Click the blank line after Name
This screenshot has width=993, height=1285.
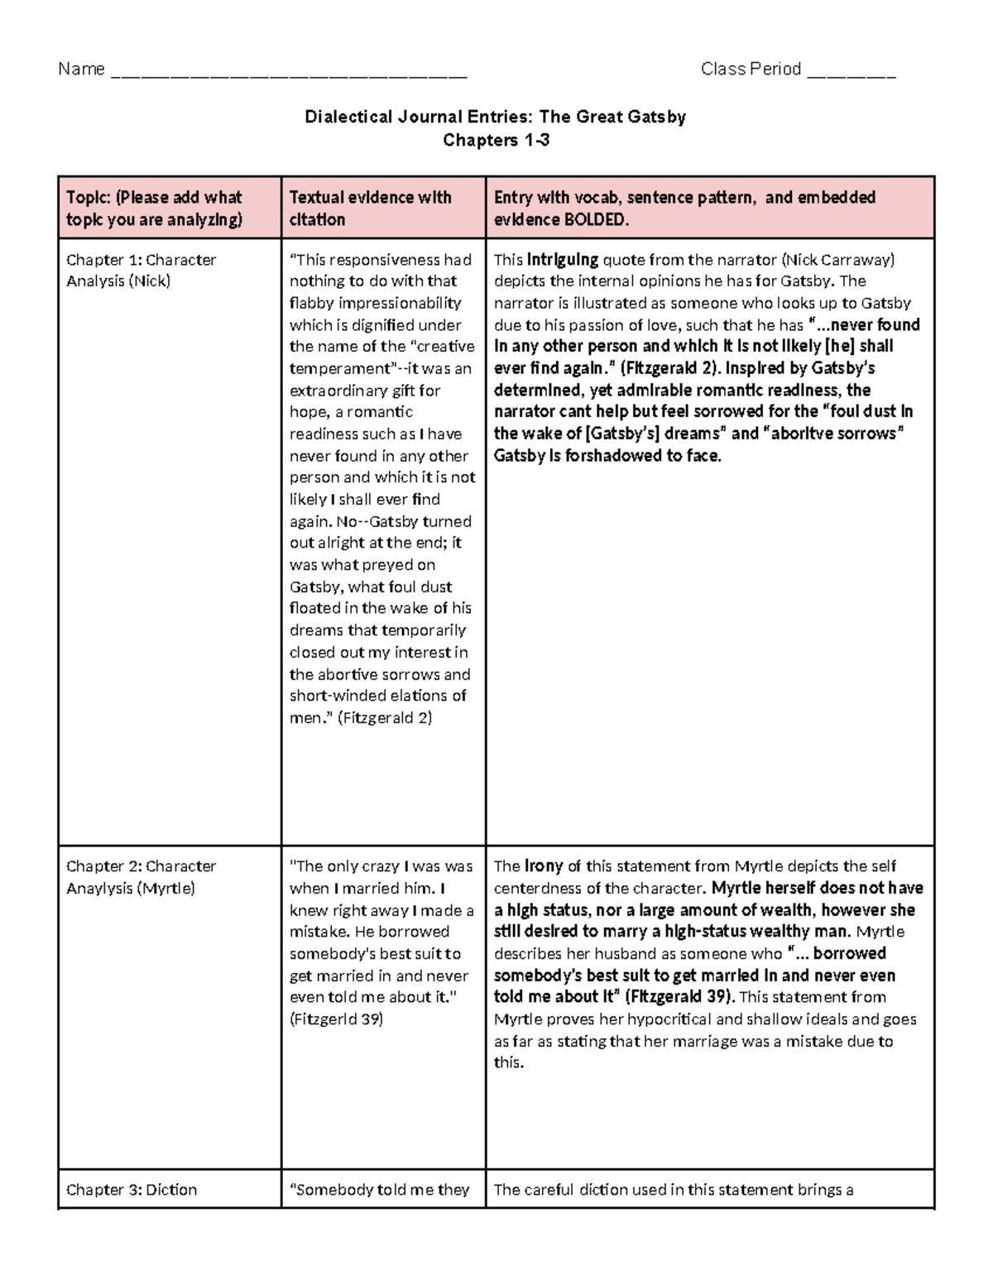[288, 73]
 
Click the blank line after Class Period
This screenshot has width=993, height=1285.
[851, 73]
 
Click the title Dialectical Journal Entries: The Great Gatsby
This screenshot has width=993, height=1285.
[495, 117]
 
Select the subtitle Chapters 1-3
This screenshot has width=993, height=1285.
[496, 140]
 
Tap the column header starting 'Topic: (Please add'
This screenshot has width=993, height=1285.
[155, 208]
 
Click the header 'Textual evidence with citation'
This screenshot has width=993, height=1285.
[370, 208]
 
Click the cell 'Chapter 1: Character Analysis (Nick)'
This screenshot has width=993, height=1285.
[141, 270]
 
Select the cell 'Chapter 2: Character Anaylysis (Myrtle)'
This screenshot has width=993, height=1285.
[141, 877]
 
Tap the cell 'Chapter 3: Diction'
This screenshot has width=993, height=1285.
[132, 1190]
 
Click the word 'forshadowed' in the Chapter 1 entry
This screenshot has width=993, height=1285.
[607, 455]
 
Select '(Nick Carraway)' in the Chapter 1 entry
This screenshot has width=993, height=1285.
[838, 259]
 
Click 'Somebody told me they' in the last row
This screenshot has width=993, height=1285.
[379, 1190]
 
